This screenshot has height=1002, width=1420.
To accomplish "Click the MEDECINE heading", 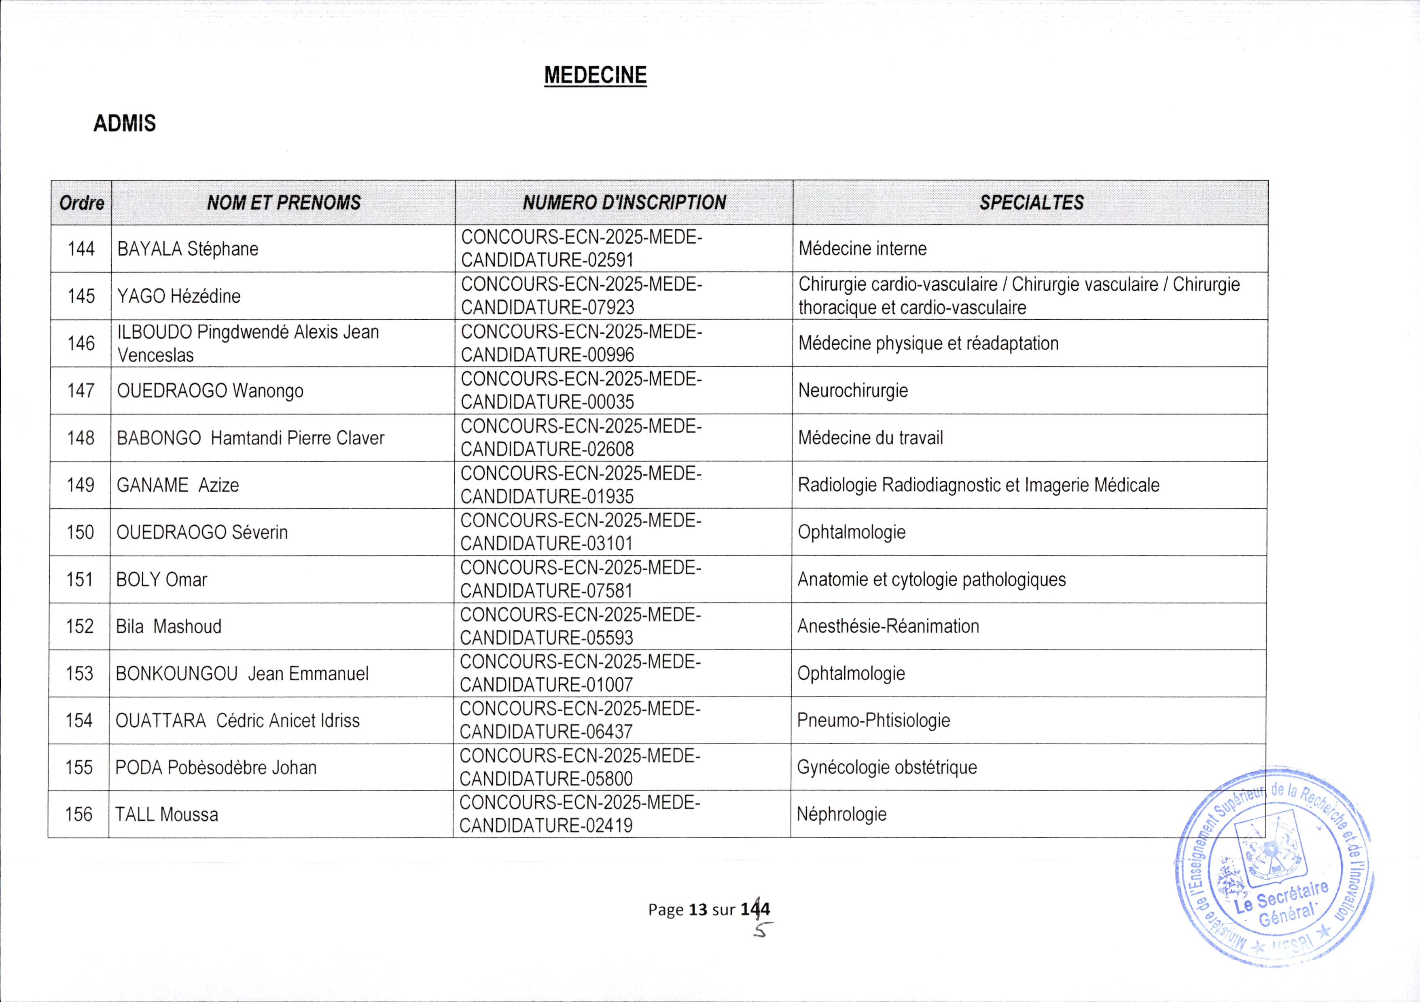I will tap(595, 75).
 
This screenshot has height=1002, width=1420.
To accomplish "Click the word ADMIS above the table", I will tap(124, 124).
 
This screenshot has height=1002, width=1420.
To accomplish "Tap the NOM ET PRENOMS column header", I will tap(283, 203).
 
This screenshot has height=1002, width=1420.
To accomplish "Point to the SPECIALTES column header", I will tap(1031, 203).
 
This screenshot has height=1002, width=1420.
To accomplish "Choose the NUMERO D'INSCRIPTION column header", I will tap(624, 203).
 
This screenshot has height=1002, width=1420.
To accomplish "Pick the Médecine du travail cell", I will tap(870, 438).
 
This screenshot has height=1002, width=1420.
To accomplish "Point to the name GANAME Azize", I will tap(178, 485).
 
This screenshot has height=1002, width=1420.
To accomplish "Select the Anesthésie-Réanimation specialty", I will tap(888, 626).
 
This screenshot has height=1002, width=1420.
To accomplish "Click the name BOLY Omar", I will tap(161, 580).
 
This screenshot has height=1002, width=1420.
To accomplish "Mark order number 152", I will tap(80, 626).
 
